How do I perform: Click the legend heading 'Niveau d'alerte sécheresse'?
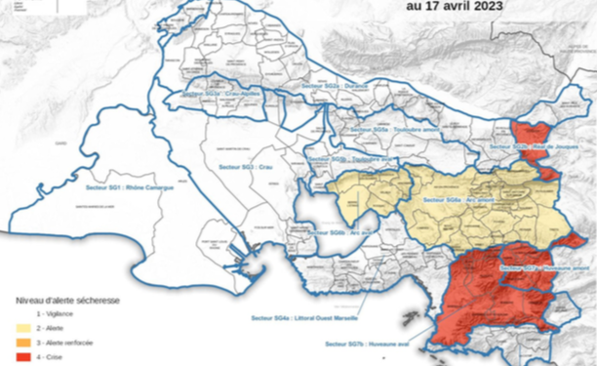[65, 301]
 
